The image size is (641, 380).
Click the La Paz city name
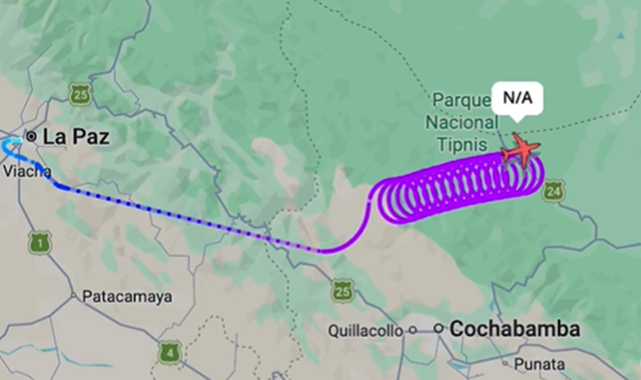[76, 137]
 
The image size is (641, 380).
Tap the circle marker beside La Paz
[32, 137]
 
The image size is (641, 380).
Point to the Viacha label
[27, 171]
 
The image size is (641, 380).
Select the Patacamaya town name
[127, 297]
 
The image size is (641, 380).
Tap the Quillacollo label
[365, 331]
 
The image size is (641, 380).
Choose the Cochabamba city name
[514, 329]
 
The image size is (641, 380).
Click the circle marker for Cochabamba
[439, 328]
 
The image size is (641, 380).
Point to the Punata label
[539, 364]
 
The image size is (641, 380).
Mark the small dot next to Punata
[505, 363]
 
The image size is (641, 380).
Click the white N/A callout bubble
[517, 99]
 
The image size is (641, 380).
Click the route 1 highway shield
[40, 242]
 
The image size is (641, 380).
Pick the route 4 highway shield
[169, 353]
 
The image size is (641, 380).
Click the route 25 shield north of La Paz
[80, 94]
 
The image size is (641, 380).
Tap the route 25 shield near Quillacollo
[342, 291]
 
